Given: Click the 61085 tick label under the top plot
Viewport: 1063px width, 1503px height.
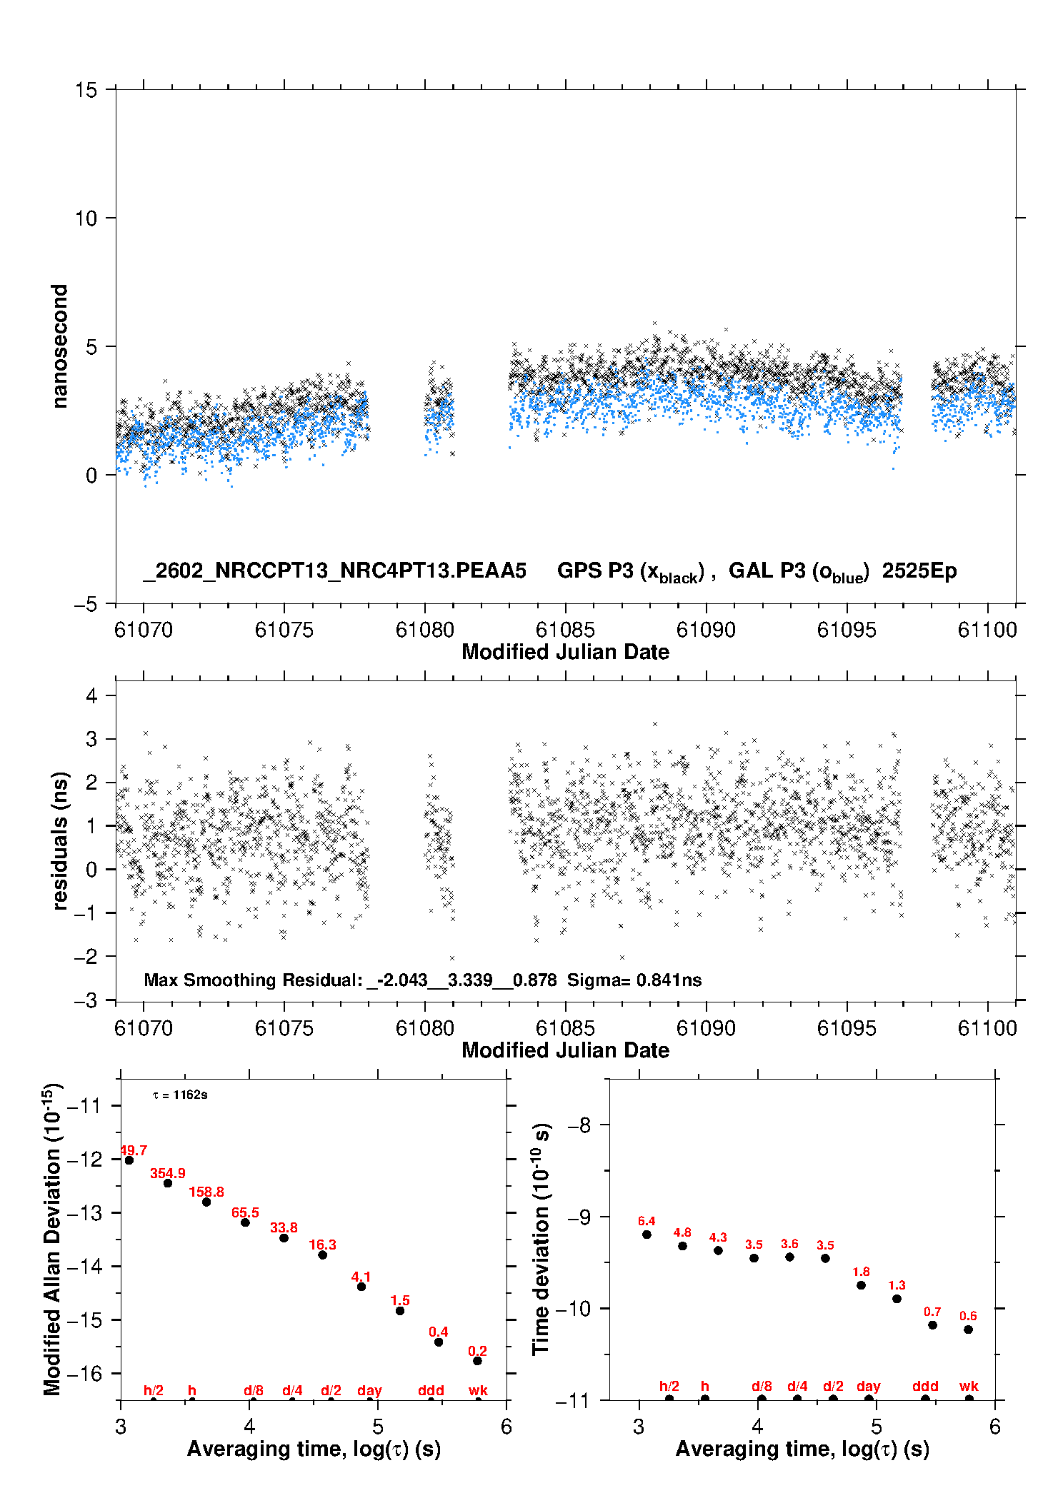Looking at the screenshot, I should [x=565, y=630].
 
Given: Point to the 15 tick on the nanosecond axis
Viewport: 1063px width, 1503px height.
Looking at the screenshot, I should [x=86, y=90].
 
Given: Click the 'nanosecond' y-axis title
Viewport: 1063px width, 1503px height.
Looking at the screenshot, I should [x=60, y=346].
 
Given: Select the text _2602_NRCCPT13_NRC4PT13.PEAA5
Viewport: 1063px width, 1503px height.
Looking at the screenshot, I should [x=334, y=570].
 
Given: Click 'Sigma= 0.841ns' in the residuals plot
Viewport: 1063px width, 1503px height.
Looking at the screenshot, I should [x=634, y=980].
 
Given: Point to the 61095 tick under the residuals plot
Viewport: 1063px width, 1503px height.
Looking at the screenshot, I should [x=847, y=1028].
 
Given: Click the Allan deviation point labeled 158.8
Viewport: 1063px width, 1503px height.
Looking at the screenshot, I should [x=206, y=1202].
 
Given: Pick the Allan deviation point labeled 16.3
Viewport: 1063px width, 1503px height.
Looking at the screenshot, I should [x=322, y=1255].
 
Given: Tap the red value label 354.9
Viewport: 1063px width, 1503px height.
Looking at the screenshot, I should [x=168, y=1173].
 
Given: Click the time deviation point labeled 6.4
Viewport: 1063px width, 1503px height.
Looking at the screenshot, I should [x=647, y=1235].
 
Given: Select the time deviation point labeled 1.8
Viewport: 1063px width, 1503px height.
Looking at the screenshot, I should [x=861, y=1285].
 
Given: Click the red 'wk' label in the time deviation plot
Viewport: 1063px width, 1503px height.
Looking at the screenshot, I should [x=969, y=1386].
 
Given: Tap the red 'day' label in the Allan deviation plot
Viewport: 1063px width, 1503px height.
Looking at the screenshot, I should [x=369, y=1390].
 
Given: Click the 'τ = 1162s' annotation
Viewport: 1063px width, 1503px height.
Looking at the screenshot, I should [x=180, y=1095].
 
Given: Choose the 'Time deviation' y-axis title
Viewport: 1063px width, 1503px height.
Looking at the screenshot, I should [x=542, y=1239].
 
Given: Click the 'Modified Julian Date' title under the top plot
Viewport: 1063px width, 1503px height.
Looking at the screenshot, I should [x=565, y=652].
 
